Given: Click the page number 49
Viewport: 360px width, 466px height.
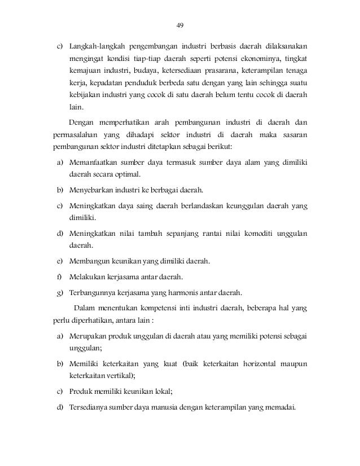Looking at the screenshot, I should pos(181,25).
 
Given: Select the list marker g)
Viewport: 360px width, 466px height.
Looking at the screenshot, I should pos(59,292).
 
